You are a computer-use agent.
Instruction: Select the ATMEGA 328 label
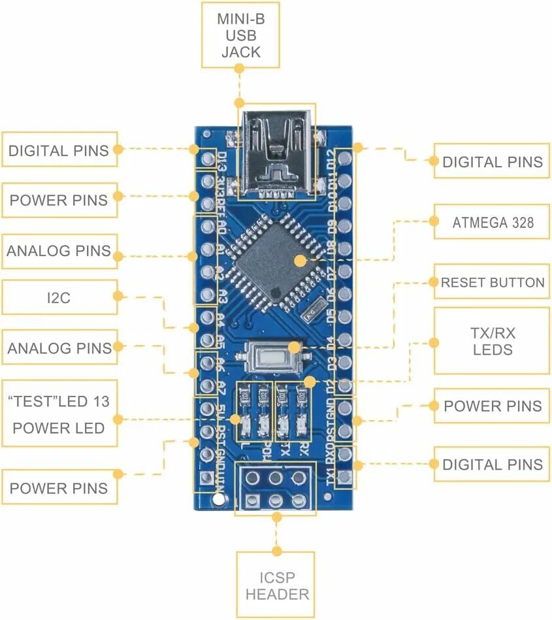click(492, 223)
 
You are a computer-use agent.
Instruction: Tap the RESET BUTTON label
click(492, 283)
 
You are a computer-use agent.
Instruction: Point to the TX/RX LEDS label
click(492, 341)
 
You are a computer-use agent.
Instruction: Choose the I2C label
click(58, 298)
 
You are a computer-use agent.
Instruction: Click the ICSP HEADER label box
click(275, 585)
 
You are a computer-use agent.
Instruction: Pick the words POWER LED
click(59, 429)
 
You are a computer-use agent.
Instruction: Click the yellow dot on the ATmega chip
click(300, 260)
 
